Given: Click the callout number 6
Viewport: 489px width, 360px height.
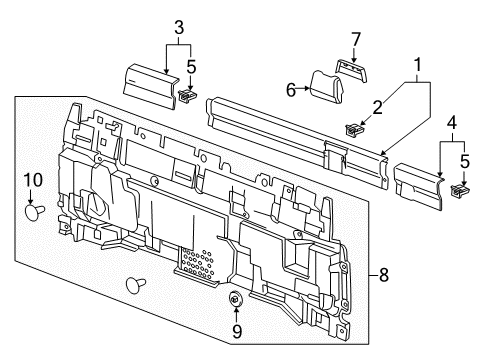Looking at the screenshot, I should tap(292, 89).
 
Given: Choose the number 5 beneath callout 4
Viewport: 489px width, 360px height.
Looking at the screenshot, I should tap(464, 161).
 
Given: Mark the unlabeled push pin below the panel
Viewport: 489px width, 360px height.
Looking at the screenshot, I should tap(132, 286).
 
